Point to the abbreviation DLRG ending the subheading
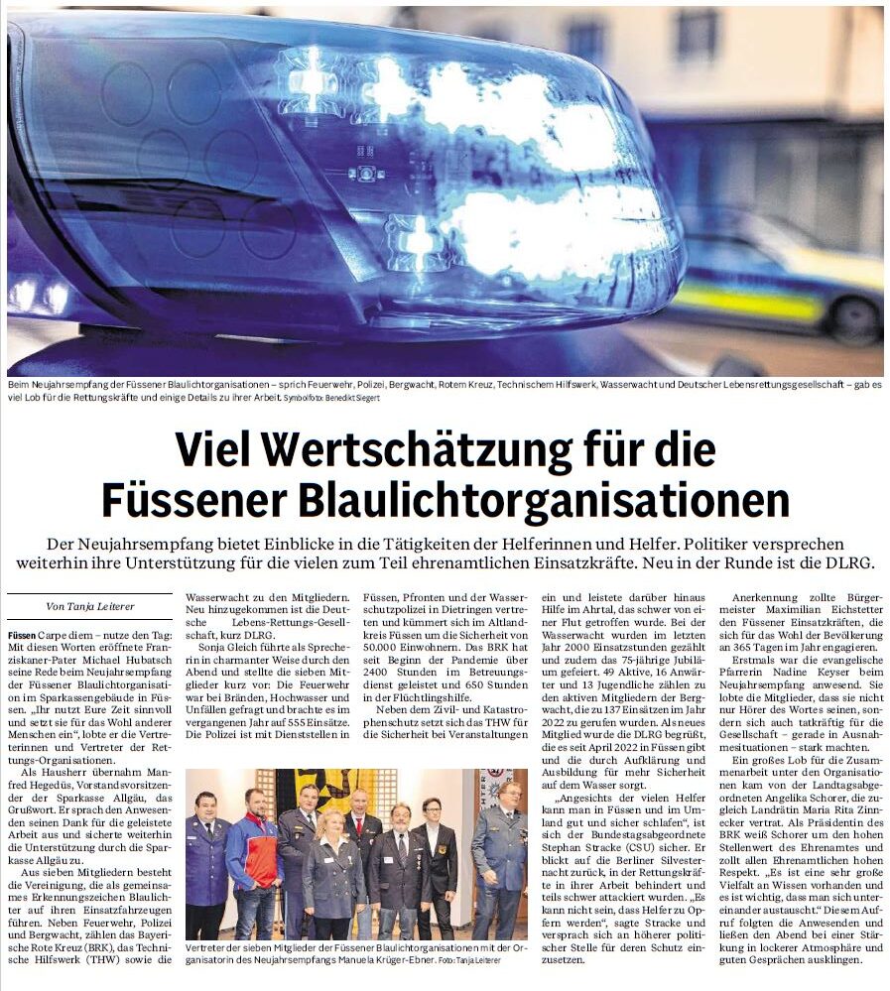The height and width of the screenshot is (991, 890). point(848,562)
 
